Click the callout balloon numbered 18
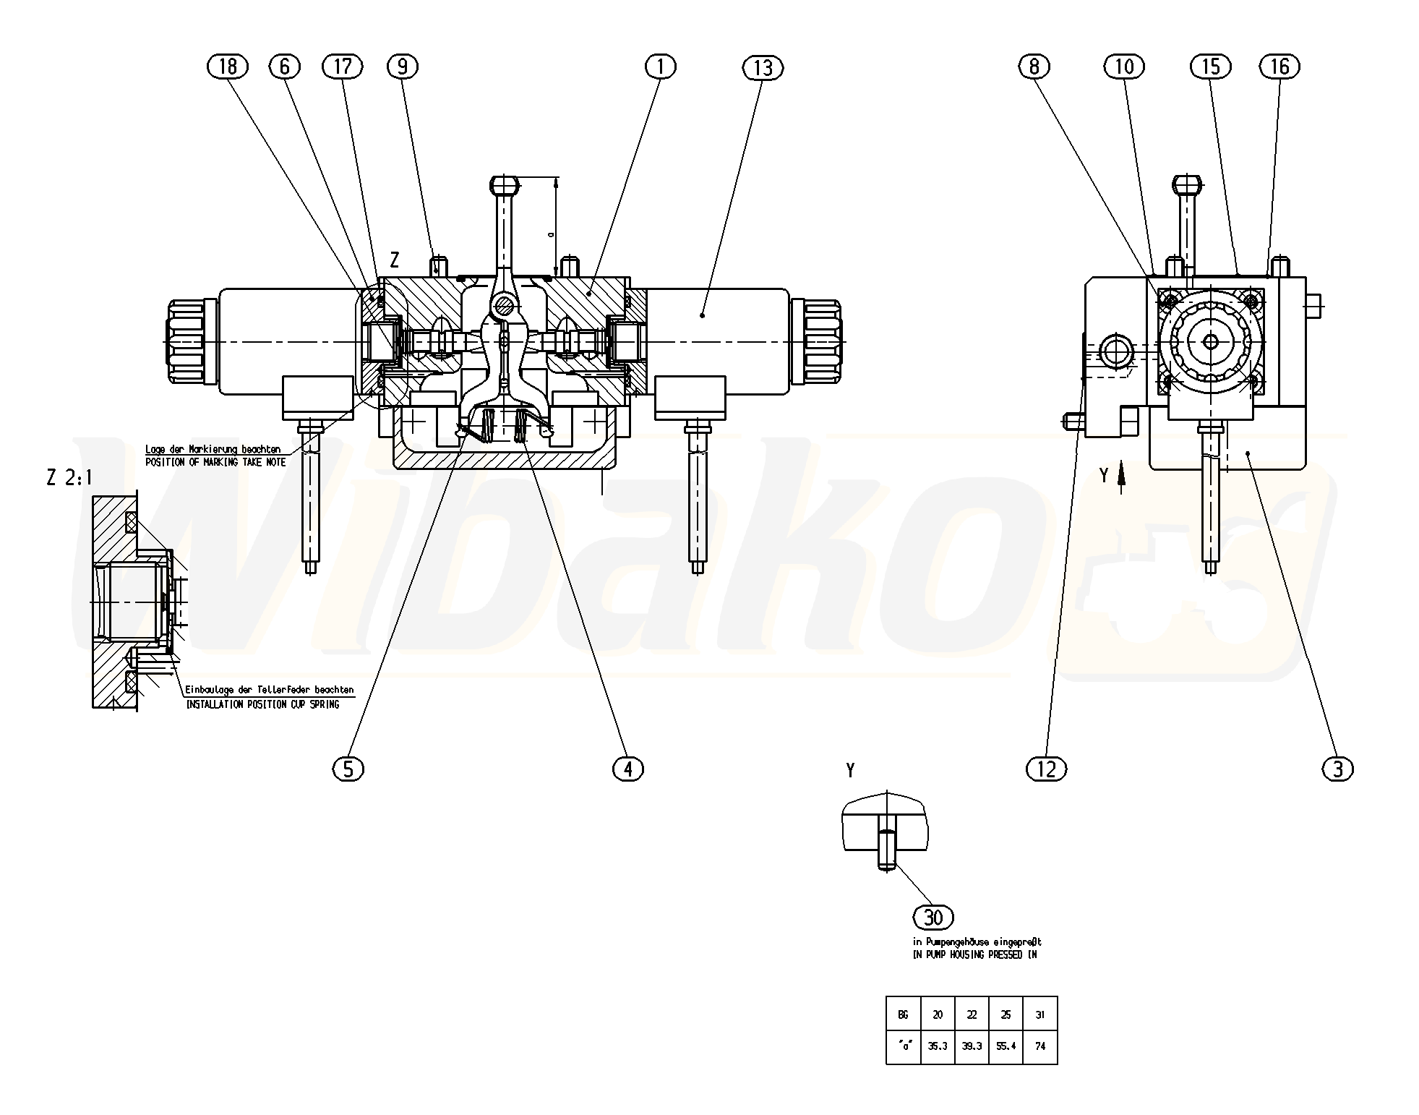(227, 67)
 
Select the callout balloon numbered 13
(763, 68)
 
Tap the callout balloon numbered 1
(660, 67)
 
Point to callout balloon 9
(403, 67)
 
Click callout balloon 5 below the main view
(348, 769)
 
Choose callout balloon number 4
(627, 769)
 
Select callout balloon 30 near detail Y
(934, 918)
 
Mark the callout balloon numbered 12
(1046, 769)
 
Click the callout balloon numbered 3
(1337, 769)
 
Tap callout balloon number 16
(1279, 67)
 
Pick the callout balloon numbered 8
(1034, 67)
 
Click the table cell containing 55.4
(1006, 1046)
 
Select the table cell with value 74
(1040, 1046)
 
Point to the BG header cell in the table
(903, 1014)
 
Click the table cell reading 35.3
(938, 1046)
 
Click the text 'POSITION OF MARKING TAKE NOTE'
(215, 462)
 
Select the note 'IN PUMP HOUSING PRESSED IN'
(975, 955)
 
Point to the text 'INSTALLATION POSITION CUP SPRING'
(262, 704)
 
